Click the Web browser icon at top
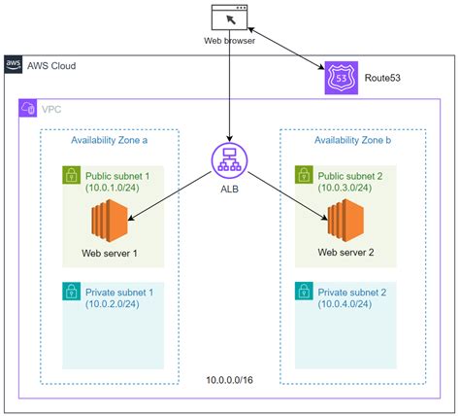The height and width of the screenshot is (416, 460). pyautogui.click(x=229, y=17)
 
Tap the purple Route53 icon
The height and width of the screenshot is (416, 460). pyautogui.click(x=341, y=77)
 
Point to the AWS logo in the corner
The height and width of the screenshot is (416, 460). pyautogui.click(x=15, y=66)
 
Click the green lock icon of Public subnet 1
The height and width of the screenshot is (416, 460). pyautogui.click(x=71, y=176)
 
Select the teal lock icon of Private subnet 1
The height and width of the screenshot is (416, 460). pyautogui.click(x=71, y=292)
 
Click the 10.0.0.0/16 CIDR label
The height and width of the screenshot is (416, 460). pyautogui.click(x=231, y=379)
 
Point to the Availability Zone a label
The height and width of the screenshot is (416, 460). pyautogui.click(x=110, y=140)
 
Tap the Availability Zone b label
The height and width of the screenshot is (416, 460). pyautogui.click(x=352, y=140)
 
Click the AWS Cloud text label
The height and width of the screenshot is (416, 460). pyautogui.click(x=53, y=66)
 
